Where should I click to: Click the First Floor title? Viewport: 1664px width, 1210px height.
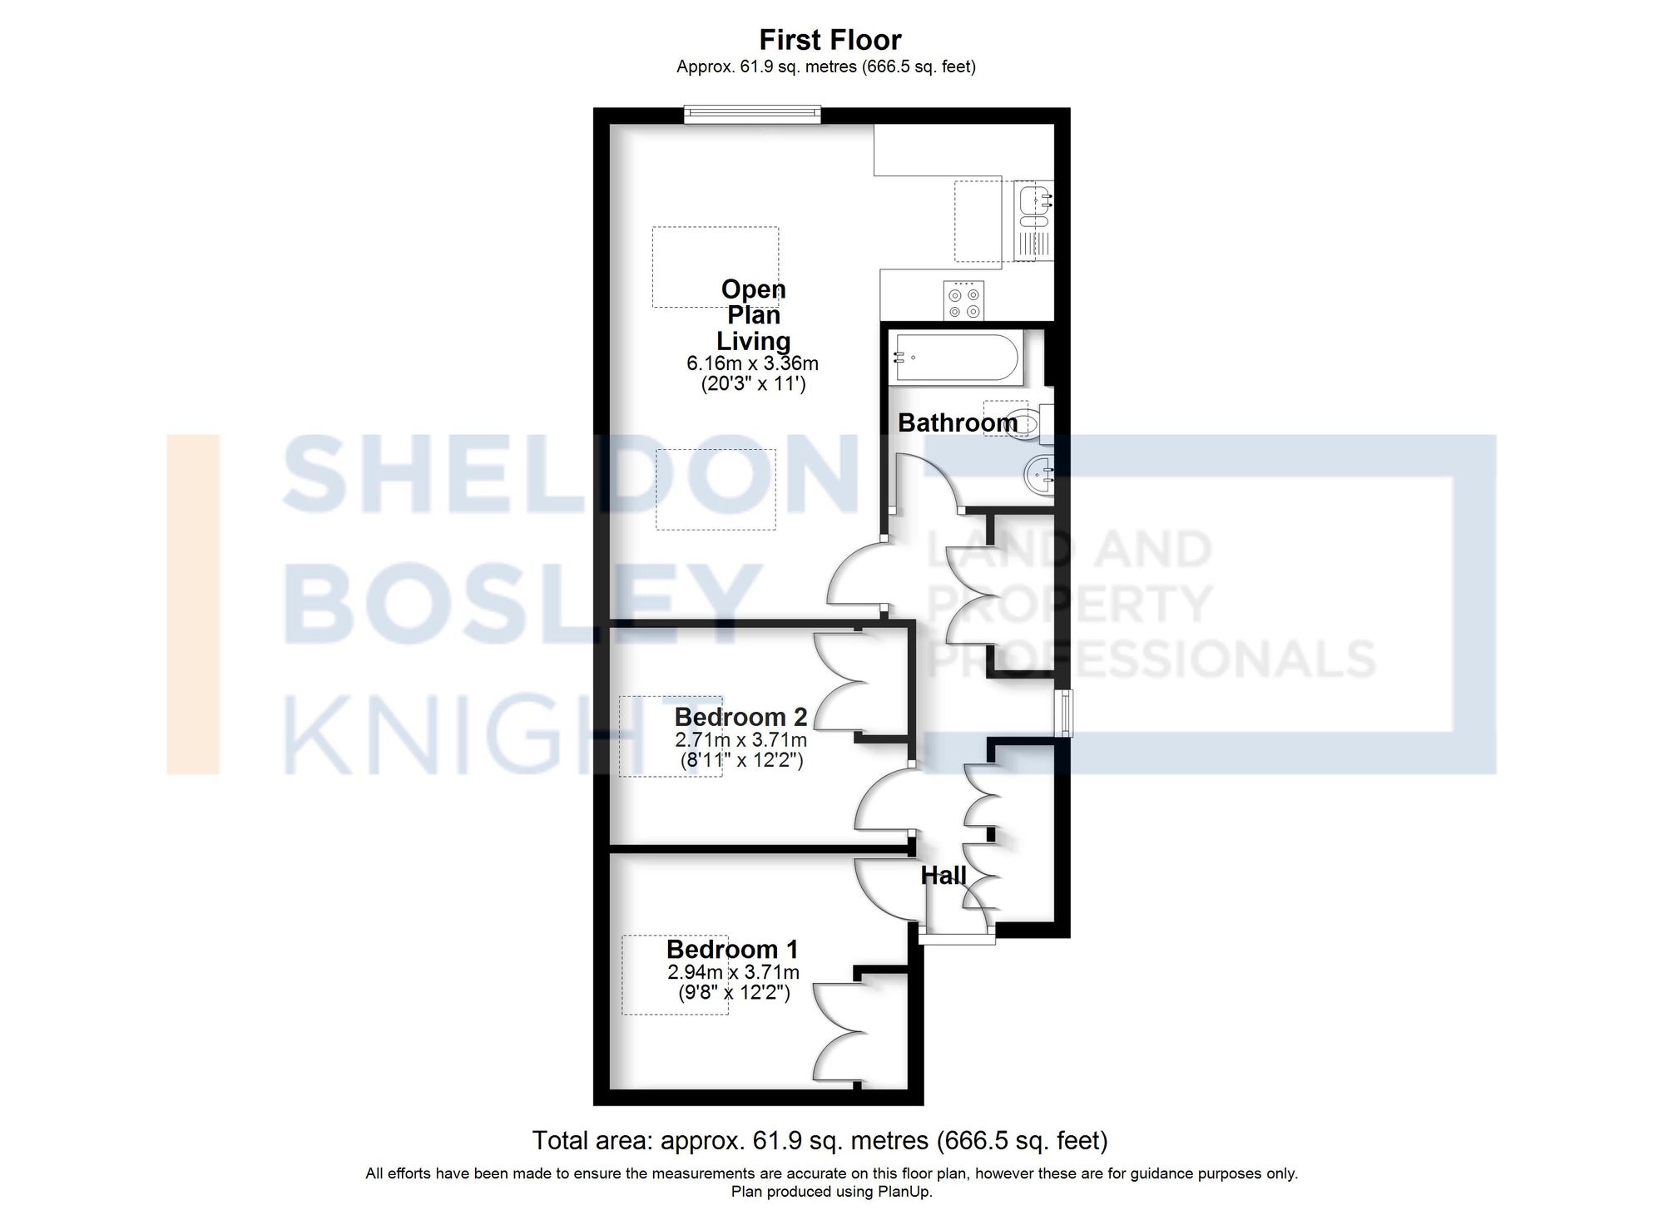click(830, 40)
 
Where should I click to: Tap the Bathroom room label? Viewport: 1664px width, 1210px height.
click(957, 422)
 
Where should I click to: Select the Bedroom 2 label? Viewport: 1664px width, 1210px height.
click(740, 717)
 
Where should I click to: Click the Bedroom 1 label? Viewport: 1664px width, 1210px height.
click(731, 949)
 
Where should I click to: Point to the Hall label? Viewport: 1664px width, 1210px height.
click(943, 875)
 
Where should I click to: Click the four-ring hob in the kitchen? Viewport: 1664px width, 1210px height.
click(963, 301)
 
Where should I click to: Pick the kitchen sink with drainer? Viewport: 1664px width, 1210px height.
click(1034, 220)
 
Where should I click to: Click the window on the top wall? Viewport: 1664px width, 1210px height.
click(752, 115)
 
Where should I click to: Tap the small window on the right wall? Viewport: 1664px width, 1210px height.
click(1063, 713)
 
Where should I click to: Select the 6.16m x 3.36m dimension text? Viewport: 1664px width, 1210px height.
click(752, 363)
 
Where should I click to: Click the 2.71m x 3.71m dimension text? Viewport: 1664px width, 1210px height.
click(740, 739)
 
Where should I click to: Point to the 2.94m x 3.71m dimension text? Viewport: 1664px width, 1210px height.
click(733, 972)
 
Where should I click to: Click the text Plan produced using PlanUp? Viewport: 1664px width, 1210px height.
click(831, 1192)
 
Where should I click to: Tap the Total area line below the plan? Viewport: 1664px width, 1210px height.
click(820, 1140)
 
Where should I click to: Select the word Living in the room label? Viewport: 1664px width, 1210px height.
click(753, 341)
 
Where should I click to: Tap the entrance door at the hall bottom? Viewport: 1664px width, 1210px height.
click(957, 937)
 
